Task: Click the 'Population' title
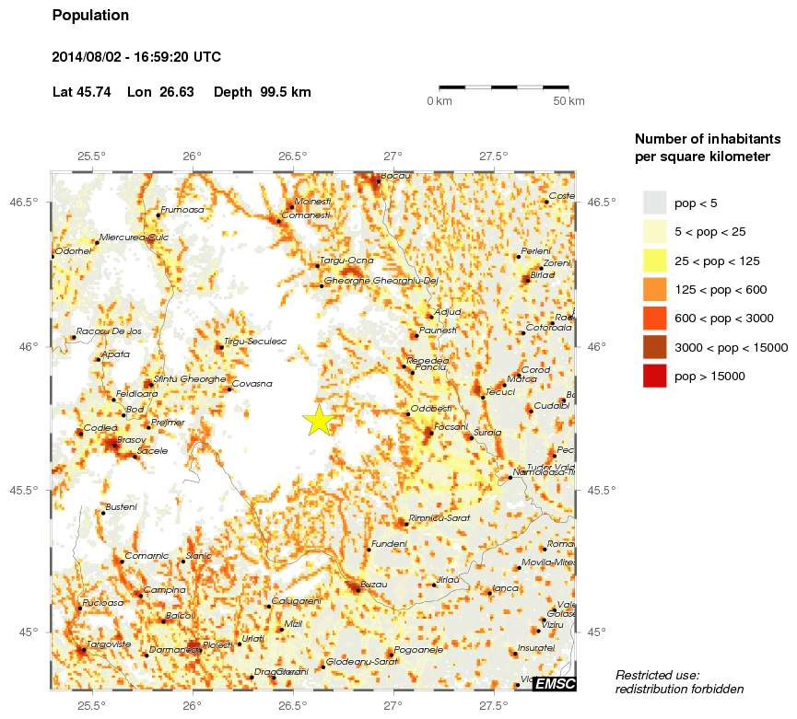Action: [90, 16]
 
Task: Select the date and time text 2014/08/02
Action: [136, 57]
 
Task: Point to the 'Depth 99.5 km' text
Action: [262, 92]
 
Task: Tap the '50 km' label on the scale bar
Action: [568, 101]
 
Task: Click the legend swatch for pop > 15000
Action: [654, 376]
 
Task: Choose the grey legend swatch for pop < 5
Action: [654, 203]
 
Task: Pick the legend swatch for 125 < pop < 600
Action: [654, 289]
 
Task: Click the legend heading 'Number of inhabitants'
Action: [707, 139]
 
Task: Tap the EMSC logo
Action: [555, 683]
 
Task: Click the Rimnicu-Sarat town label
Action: [440, 518]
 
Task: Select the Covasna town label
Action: [252, 383]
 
